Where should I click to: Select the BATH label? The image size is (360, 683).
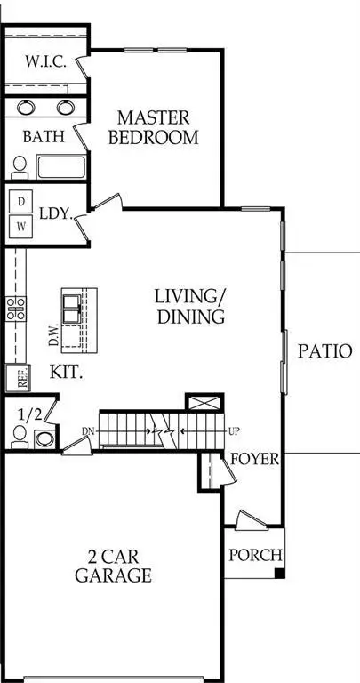(x=42, y=138)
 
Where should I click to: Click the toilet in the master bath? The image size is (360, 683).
(x=19, y=166)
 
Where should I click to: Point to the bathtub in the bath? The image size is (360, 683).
(x=61, y=166)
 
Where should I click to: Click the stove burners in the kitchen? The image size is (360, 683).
(x=14, y=308)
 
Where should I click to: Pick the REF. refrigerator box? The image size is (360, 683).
(x=15, y=378)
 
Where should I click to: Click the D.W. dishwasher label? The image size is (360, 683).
(x=54, y=333)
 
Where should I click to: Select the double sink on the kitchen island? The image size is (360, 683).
(x=72, y=308)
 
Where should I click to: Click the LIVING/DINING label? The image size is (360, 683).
(x=188, y=305)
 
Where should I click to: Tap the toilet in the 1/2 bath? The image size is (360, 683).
(x=20, y=436)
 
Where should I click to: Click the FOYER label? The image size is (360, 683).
(x=256, y=460)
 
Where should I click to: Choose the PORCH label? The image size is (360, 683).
(x=255, y=555)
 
